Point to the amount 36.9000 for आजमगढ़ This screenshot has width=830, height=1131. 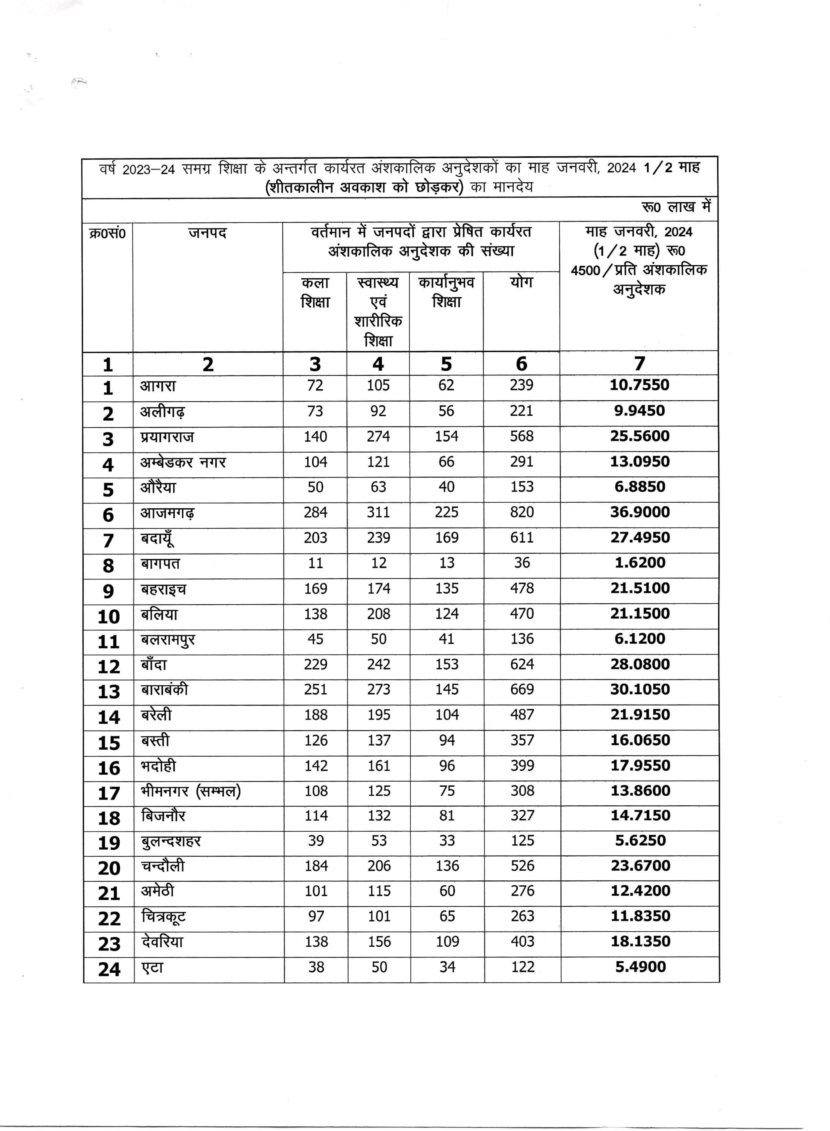[640, 512]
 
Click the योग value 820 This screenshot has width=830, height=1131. [521, 512]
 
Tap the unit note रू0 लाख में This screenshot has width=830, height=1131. [676, 207]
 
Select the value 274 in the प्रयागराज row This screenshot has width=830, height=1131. [378, 437]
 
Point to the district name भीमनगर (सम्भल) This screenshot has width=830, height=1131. [191, 791]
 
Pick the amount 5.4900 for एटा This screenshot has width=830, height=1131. [640, 967]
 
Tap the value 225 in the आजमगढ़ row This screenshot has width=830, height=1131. [447, 512]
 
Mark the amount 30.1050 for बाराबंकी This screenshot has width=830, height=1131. [640, 690]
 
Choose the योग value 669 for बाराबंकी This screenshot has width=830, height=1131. [522, 690]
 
